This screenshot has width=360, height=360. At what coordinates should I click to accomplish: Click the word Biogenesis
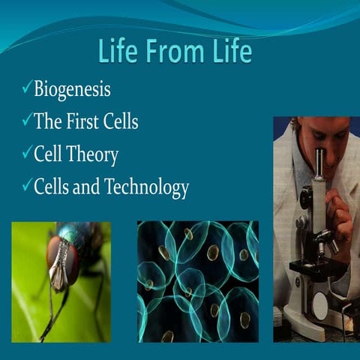tap(72, 90)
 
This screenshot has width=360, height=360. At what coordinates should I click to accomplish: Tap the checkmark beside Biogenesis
tap(26, 89)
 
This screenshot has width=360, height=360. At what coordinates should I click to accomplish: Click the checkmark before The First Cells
tap(26, 121)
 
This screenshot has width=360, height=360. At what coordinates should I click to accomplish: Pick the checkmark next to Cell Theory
tap(26, 153)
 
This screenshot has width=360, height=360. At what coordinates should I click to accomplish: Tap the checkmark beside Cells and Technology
tap(26, 185)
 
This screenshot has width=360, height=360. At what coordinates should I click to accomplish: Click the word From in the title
tap(175, 52)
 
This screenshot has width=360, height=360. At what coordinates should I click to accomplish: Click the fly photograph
tap(61, 281)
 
